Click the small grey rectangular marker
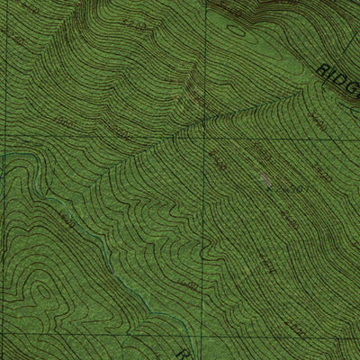coord(264,179)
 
